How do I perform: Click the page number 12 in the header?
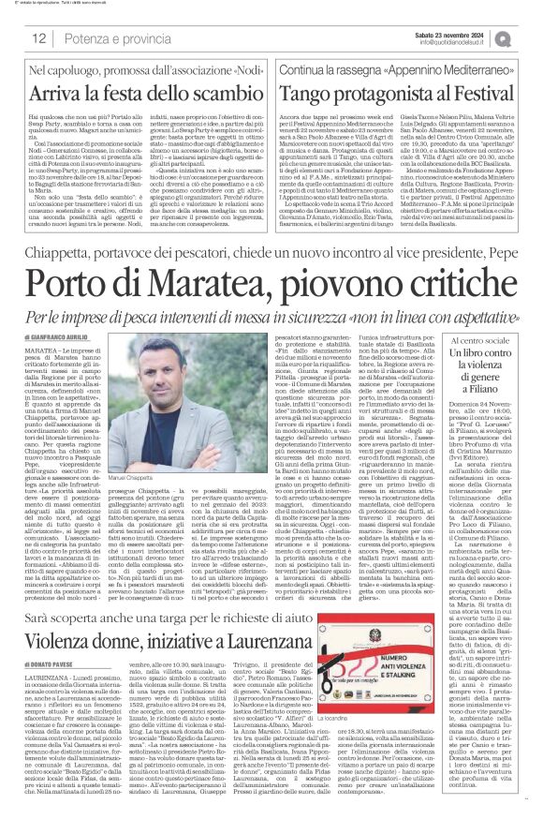(40, 37)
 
